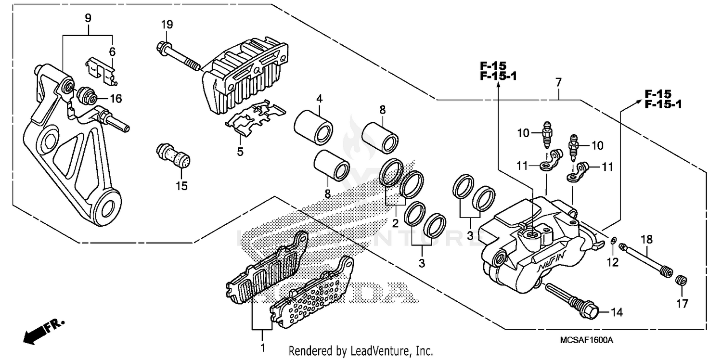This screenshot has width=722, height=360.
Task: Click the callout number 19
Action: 167,25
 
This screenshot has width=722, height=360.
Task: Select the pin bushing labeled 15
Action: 173,158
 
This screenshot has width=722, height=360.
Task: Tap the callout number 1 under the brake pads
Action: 262,347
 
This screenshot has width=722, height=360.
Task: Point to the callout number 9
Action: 88,19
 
